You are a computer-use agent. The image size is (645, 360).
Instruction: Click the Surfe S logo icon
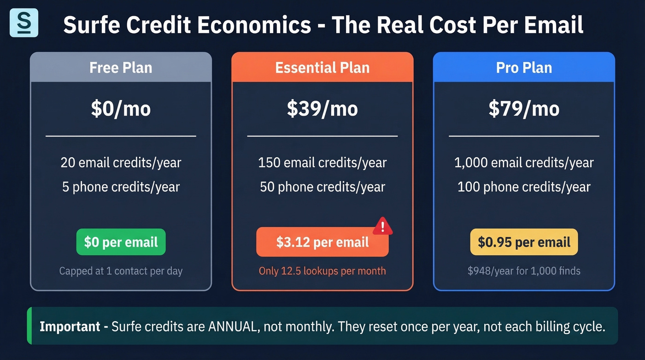23,23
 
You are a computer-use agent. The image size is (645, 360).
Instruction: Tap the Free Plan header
121,68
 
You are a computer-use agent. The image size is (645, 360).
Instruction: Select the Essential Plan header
322,68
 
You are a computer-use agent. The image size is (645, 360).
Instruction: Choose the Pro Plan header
524,68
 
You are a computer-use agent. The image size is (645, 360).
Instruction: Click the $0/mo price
121,109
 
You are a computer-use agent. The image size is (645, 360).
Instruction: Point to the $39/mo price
322,109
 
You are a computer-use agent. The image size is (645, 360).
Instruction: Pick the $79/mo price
524,109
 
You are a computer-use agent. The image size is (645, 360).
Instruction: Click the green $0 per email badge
121,242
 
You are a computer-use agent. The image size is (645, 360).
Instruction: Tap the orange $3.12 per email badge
322,242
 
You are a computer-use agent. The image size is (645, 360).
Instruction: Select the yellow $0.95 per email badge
524,242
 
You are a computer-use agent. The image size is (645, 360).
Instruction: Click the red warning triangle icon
382,226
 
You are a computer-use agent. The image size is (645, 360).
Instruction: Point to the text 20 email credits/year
121,163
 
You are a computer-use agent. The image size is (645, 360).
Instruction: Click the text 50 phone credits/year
322,187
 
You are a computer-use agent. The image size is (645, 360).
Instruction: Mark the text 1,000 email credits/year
524,163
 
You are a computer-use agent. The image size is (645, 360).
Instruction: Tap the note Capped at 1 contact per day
121,271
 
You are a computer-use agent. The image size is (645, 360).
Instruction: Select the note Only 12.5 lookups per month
322,271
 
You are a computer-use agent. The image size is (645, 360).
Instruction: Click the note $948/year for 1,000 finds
524,271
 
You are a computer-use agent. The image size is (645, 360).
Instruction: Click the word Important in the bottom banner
70,326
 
